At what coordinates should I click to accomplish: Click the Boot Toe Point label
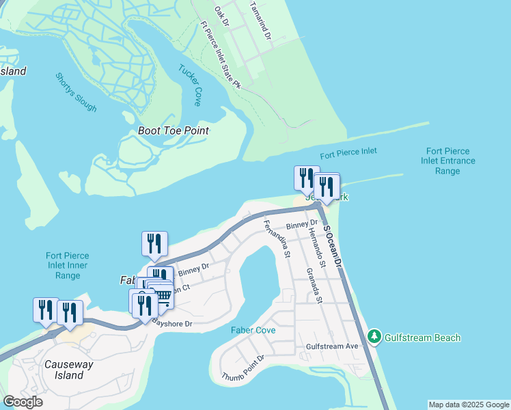pos(173,131)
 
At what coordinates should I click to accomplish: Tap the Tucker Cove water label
pos(189,85)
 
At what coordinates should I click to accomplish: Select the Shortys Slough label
pos(76,92)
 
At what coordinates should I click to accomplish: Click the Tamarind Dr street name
pos(260,20)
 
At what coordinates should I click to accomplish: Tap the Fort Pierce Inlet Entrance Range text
pos(447,161)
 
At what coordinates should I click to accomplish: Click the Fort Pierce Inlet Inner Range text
pos(68,266)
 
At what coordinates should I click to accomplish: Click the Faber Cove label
pos(253,330)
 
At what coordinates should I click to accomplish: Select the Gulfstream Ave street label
pos(332,346)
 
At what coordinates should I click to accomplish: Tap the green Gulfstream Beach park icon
pos(374,336)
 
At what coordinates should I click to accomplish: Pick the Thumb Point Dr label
pos(243,368)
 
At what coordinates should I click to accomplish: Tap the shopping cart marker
pos(162,295)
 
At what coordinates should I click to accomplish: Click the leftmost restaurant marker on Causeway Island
pos(46,309)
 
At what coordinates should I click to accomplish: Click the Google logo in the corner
pos(23,402)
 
